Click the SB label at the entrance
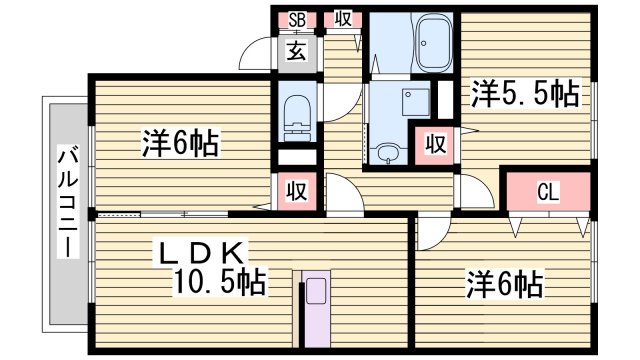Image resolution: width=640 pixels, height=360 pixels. [297, 19]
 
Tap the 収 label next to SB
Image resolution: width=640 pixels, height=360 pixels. [343, 19]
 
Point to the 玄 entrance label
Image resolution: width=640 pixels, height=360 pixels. [297, 51]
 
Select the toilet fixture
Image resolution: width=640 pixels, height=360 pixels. [297, 116]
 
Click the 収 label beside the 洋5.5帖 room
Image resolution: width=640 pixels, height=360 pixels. [436, 141]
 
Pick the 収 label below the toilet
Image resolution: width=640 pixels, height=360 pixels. [297, 191]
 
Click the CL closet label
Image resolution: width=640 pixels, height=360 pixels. [547, 191]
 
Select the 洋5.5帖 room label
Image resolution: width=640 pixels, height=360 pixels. [523, 94]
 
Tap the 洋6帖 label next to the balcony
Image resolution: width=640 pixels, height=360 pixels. [180, 142]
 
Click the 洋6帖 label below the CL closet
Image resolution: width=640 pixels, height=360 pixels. [504, 285]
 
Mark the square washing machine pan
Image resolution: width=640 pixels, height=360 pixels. [410, 101]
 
